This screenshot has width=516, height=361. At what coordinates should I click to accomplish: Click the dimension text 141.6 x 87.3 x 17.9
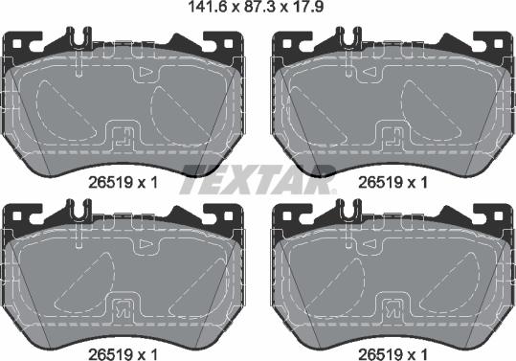click(x=256, y=7)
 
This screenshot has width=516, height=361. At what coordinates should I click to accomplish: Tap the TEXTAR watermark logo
click(x=258, y=179)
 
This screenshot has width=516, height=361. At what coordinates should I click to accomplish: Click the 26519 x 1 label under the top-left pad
click(x=123, y=182)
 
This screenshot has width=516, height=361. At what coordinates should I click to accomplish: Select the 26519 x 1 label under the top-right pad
click(x=393, y=182)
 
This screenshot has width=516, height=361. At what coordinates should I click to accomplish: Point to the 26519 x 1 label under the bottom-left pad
click(x=123, y=354)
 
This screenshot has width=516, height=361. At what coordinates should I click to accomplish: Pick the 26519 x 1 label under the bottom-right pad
click(x=393, y=354)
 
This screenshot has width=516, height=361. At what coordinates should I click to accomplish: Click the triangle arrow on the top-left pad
click(x=146, y=72)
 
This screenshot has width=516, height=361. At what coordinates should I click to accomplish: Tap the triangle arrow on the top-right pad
click(x=370, y=72)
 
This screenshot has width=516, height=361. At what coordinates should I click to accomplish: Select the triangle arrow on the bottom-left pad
click(x=146, y=244)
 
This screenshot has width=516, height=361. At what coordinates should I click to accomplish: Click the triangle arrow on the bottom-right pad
click(x=370, y=244)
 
